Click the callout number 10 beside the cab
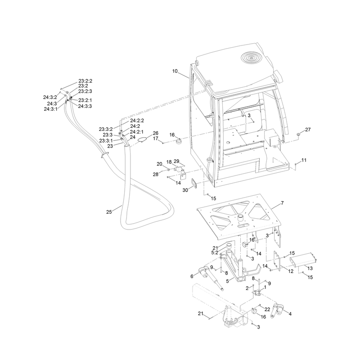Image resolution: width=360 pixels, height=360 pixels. (175, 71)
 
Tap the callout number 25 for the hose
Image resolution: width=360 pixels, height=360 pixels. (109, 212)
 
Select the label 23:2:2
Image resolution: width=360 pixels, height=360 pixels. (85, 81)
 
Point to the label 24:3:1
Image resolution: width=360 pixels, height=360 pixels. (50, 109)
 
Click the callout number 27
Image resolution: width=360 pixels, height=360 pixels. (308, 130)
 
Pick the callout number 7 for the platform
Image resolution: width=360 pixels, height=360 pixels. (282, 203)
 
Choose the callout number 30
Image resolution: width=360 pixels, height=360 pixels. (185, 190)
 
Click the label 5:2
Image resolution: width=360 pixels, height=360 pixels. (215, 252)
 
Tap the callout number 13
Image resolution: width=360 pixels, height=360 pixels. (310, 268)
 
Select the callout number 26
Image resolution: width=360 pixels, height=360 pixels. (155, 133)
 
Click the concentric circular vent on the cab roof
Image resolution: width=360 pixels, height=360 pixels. (252, 58)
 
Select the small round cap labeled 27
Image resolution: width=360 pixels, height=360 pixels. (298, 134)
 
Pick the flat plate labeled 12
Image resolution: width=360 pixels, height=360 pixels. (277, 261)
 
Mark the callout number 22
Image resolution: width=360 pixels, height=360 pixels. (267, 310)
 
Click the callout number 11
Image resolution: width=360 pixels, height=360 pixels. (304, 160)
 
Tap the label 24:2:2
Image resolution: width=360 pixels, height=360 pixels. (137, 121)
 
